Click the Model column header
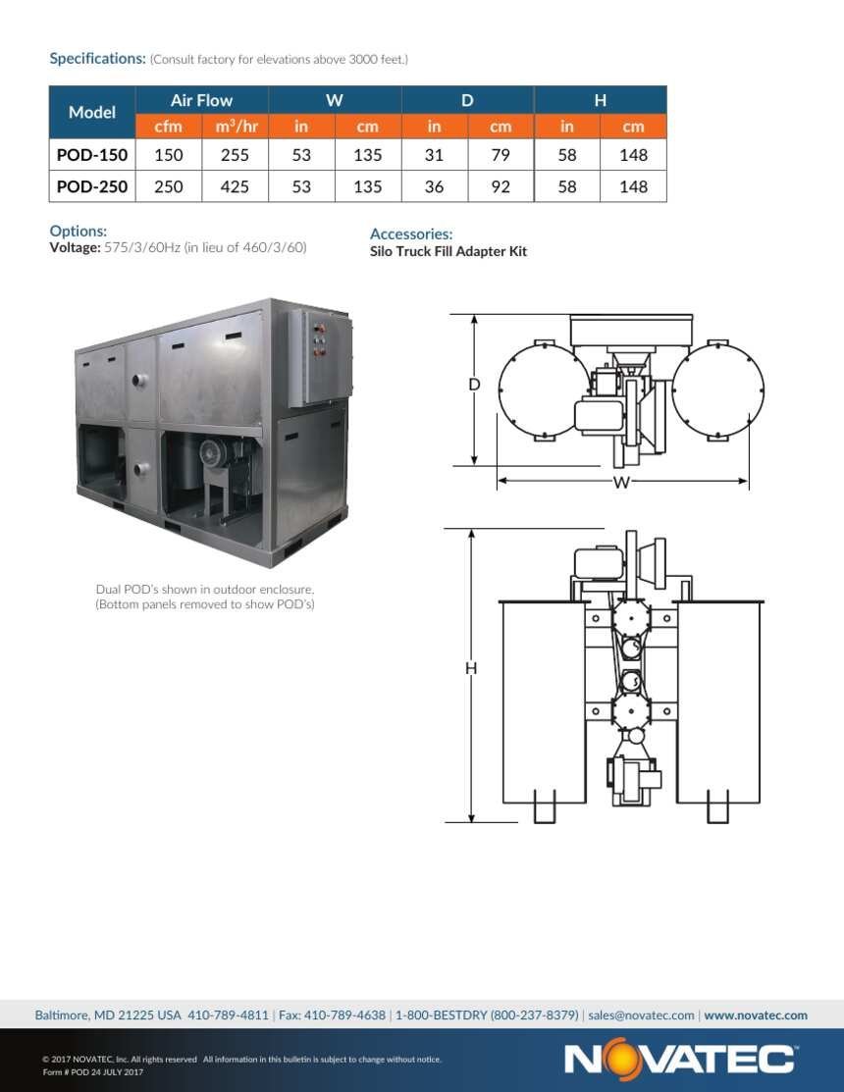pos(92,112)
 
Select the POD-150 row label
pos(92,155)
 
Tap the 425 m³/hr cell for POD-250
pos(235,186)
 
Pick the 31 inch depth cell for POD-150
pos(434,155)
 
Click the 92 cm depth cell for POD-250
pos(501,186)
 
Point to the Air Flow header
pos(201,100)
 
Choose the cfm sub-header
pos(169,127)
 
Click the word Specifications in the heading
pos(97,59)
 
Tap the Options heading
pos(78,231)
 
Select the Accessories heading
pos(411,234)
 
